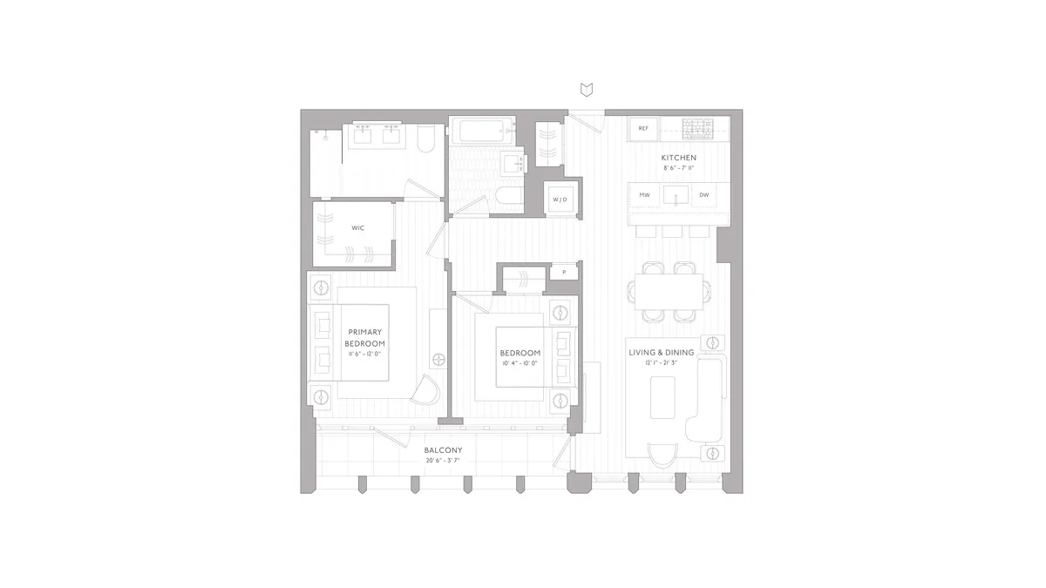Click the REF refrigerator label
(643, 128)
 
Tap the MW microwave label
(644, 194)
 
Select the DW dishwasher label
(703, 194)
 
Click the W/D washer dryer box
(559, 199)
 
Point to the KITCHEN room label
(679, 158)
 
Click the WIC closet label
(357, 227)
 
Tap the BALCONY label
(443, 449)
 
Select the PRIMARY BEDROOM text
(365, 337)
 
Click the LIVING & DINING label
(662, 353)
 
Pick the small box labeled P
(564, 272)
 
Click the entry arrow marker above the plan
(587, 89)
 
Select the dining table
(669, 291)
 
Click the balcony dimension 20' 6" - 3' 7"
(443, 461)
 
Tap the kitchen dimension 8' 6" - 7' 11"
(679, 167)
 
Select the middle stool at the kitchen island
(671, 231)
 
